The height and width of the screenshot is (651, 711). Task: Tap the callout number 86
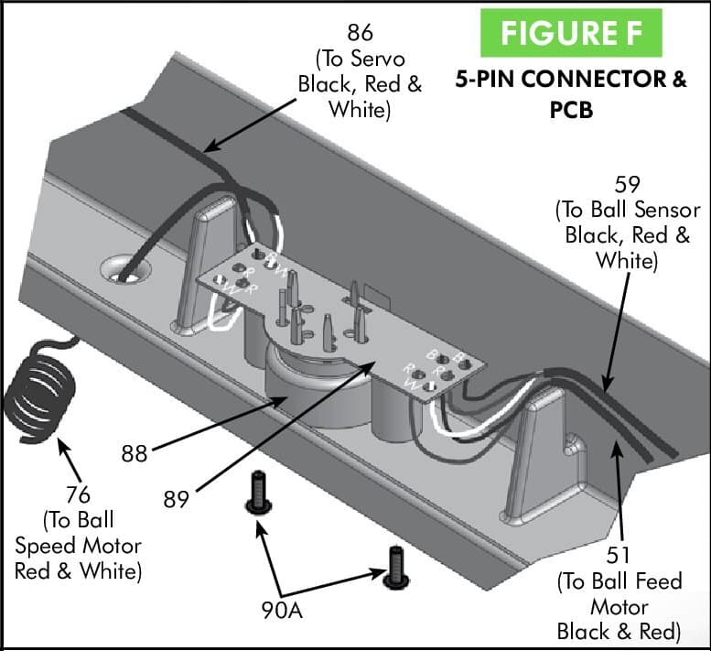[x=361, y=34]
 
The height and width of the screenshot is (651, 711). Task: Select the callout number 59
[x=627, y=187]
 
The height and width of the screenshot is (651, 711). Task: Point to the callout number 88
[x=135, y=452]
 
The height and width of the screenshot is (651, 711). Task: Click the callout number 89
[x=177, y=500]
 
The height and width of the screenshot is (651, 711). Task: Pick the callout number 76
[x=79, y=495]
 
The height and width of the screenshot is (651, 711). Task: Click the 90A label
[x=279, y=609]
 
